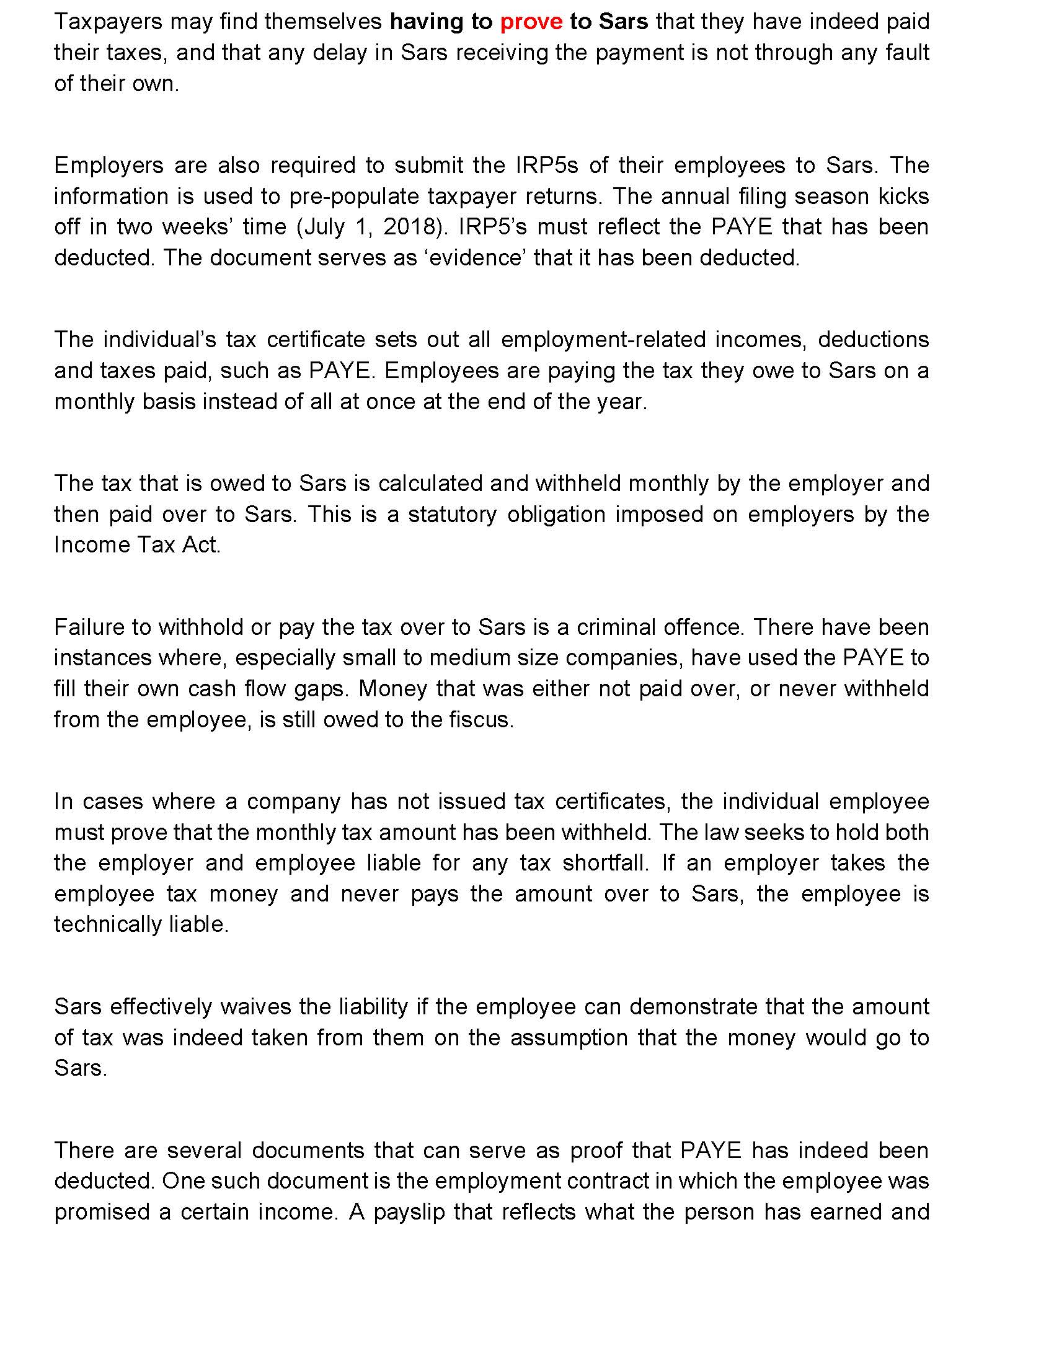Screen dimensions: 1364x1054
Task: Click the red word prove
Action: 531,22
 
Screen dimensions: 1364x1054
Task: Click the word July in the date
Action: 321,227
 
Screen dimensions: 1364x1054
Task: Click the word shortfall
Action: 606,863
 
